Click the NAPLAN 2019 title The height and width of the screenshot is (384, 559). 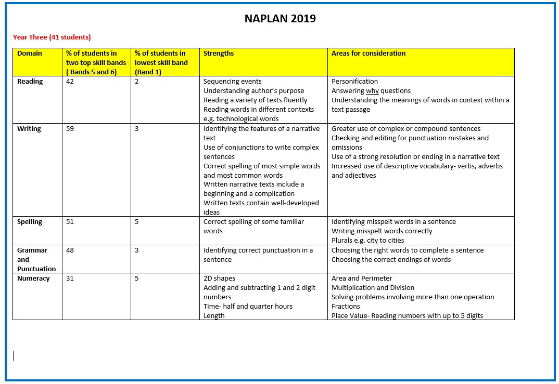pyautogui.click(x=280, y=19)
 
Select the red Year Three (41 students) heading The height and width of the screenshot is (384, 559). pyautogui.click(x=52, y=37)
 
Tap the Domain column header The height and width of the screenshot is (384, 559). pyautogui.click(x=30, y=53)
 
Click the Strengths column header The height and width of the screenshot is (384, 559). pyautogui.click(x=219, y=53)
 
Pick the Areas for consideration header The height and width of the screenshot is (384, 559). pyautogui.click(x=369, y=53)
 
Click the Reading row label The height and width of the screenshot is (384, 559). pyautogui.click(x=30, y=81)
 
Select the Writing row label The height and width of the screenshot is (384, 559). pyautogui.click(x=29, y=128)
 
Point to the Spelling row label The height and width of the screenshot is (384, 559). pyautogui.click(x=30, y=221)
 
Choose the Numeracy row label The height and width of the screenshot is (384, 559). pyautogui.click(x=33, y=278)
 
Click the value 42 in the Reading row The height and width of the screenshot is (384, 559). pyautogui.click(x=70, y=81)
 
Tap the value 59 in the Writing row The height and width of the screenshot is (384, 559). pyautogui.click(x=70, y=128)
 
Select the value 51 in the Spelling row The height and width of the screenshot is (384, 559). pyautogui.click(x=70, y=221)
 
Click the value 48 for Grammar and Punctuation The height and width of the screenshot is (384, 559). pyautogui.click(x=70, y=250)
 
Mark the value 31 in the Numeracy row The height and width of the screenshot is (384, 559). pyautogui.click(x=70, y=278)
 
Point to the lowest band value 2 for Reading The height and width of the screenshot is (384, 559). pyautogui.click(x=137, y=81)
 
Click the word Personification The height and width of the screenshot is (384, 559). pyautogui.click(x=355, y=81)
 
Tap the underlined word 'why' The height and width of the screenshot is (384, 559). pyautogui.click(x=372, y=90)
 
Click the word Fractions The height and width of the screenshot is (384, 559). pyautogui.click(x=346, y=306)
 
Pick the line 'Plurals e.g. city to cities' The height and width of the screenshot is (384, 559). pyautogui.click(x=368, y=240)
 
